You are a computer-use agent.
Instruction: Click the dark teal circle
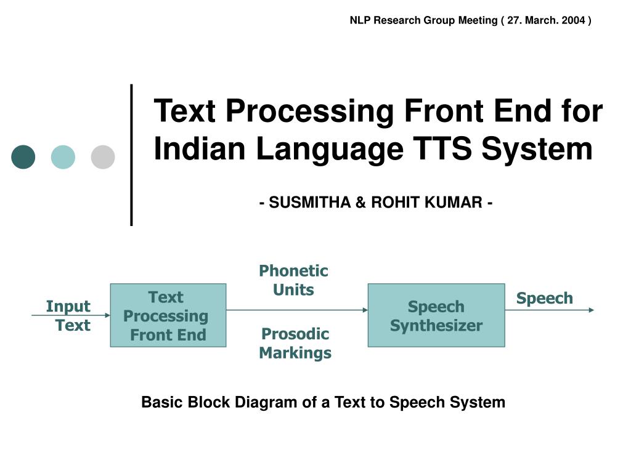(23, 157)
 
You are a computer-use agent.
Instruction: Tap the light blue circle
(63, 157)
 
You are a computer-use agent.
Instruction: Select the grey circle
(103, 157)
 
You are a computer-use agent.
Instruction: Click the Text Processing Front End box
(168, 315)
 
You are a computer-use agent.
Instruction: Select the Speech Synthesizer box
(436, 315)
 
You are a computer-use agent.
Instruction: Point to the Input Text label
(68, 316)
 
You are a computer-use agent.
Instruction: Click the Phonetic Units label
(293, 280)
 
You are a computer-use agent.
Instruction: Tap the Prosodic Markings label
(295, 343)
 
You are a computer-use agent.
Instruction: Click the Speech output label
(545, 299)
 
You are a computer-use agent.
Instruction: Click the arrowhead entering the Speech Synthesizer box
(365, 310)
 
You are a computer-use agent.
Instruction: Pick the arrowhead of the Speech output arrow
(592, 310)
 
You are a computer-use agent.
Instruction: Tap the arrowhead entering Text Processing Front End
(107, 315)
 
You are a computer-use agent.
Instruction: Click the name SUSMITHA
(309, 202)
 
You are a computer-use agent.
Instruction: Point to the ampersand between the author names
(360, 202)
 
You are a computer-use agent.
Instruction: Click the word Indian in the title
(200, 148)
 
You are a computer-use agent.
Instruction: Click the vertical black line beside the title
(132, 155)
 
